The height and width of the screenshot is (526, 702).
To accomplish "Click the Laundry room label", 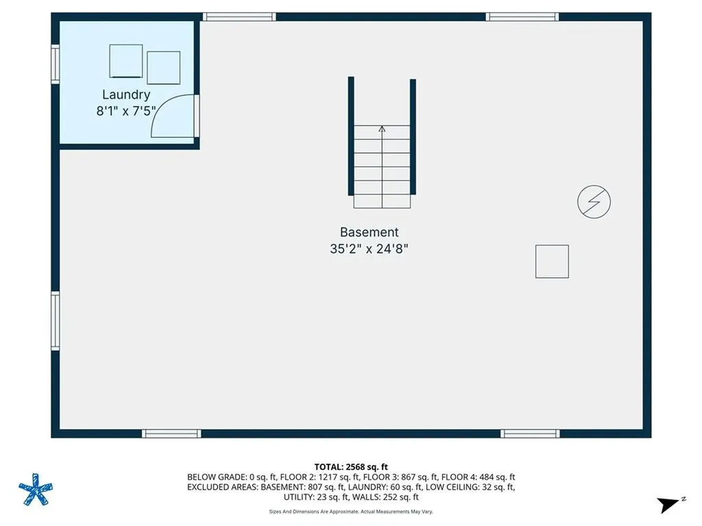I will click(x=126, y=95).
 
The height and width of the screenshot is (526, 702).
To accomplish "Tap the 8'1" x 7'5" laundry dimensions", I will click(x=126, y=110).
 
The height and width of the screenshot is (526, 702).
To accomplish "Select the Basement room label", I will click(x=369, y=232).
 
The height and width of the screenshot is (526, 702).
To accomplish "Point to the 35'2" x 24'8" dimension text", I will click(x=369, y=249).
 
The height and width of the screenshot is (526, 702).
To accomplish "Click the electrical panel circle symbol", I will click(x=594, y=201).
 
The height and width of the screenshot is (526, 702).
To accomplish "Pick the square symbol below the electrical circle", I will click(x=552, y=262).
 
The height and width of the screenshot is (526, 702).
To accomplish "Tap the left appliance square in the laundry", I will click(x=126, y=61).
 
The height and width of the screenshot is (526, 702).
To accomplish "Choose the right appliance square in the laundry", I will click(x=163, y=67).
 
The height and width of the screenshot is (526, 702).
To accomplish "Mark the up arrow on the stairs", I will click(x=382, y=128).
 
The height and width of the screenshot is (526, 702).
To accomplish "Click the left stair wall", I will click(x=351, y=136).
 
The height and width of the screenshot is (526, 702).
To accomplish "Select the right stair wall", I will click(x=413, y=136).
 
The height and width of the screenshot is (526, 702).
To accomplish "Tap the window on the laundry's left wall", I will click(x=56, y=64).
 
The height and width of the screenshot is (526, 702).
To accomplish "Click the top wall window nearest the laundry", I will click(x=239, y=16).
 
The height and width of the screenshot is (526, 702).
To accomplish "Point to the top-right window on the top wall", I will click(x=522, y=16).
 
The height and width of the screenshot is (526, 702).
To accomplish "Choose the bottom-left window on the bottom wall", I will click(x=171, y=434).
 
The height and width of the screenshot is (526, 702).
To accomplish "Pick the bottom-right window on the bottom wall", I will click(x=530, y=434).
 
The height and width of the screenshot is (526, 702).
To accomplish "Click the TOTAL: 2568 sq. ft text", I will click(x=351, y=466).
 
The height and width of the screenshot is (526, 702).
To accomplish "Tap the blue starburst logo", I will click(x=35, y=489).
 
